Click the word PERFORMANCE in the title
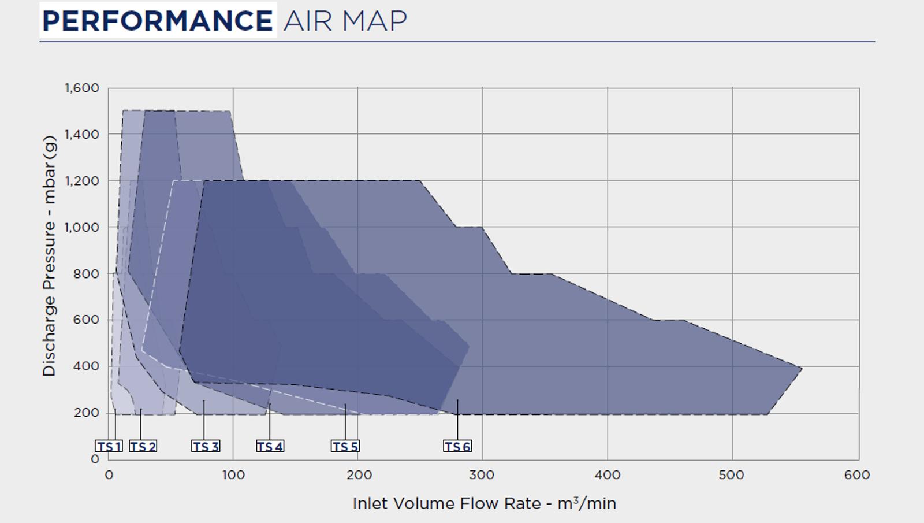[x=158, y=21]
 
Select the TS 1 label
[x=109, y=447]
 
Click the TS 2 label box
[x=143, y=447]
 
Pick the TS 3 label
[x=206, y=447]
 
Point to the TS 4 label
[x=270, y=447]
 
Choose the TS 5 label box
[x=345, y=447]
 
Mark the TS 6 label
[x=457, y=447]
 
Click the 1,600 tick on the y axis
[x=82, y=88]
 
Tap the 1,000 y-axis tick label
[x=82, y=227]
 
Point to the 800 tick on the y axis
[x=87, y=273]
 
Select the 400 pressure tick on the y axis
[x=87, y=366]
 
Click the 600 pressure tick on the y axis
[x=87, y=320]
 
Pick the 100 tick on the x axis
[x=233, y=475]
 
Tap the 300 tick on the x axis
[x=482, y=475]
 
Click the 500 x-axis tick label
[x=732, y=475]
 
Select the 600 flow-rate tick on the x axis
[x=857, y=475]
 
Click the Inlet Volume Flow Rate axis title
[x=484, y=503]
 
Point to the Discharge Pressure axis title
[x=50, y=255]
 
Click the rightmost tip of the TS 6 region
[x=801, y=368]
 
